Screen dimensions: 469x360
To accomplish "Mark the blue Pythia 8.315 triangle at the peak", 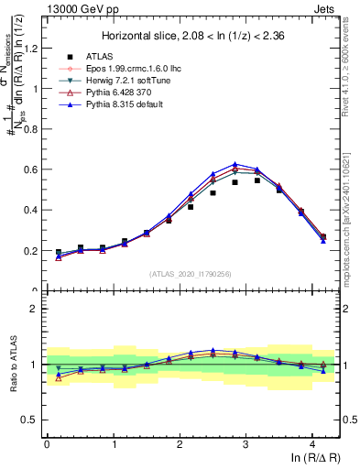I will (x=235, y=164).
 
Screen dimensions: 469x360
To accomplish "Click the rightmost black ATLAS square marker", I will (x=323, y=237).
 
